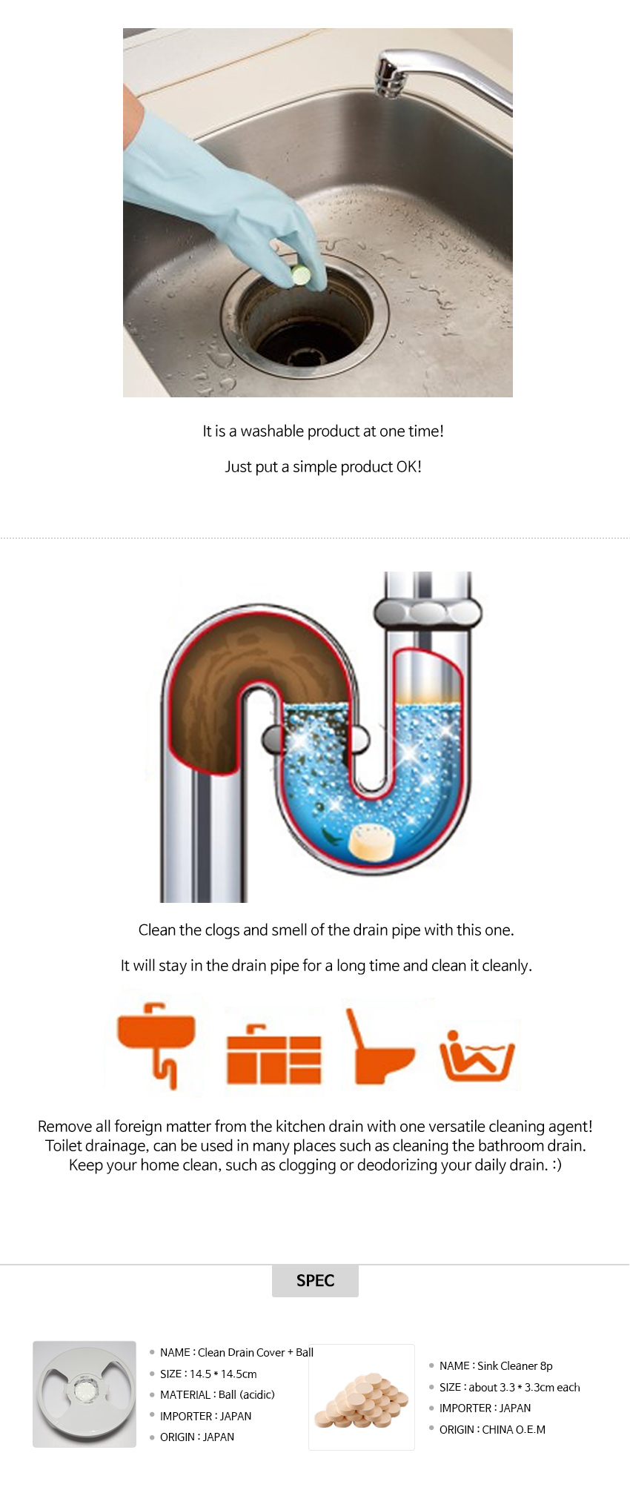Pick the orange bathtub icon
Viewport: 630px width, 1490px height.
(x=477, y=1055)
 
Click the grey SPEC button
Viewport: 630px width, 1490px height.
(x=315, y=1280)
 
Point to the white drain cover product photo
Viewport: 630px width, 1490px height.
(x=84, y=1394)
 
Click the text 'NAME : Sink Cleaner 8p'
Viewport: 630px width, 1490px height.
(x=496, y=1365)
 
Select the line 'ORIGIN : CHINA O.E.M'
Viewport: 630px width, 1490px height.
(x=492, y=1429)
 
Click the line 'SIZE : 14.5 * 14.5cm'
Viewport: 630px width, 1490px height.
(x=208, y=1374)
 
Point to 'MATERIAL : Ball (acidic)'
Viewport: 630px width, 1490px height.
(x=217, y=1394)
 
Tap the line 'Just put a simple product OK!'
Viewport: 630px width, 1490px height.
(x=323, y=467)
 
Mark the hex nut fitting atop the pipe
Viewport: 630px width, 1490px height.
(x=428, y=612)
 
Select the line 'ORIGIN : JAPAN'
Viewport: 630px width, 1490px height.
(x=197, y=1437)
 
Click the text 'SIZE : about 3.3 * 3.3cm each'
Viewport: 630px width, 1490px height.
(x=510, y=1387)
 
